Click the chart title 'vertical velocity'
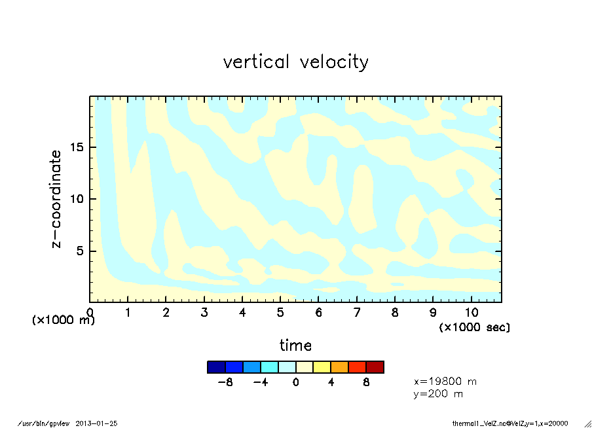pyautogui.click(x=295, y=62)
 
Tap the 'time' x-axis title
pyautogui.click(x=295, y=345)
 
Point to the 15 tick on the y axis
pyautogui.click(x=77, y=147)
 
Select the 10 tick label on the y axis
pyautogui.click(x=77, y=199)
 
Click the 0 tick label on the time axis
pyautogui.click(x=90, y=313)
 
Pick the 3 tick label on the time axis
pyautogui.click(x=204, y=313)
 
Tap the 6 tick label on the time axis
pyautogui.click(x=319, y=313)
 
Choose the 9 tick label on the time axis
pyautogui.click(x=433, y=313)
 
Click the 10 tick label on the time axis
pyautogui.click(x=471, y=313)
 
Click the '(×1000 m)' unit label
pyautogui.click(x=64, y=321)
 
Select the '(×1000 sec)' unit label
pyautogui.click(x=474, y=327)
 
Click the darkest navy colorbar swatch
pyautogui.click(x=216, y=367)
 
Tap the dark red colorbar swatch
pyautogui.click(x=375, y=367)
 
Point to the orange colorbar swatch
pyautogui.click(x=339, y=367)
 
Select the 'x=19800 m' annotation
pyautogui.click(x=445, y=381)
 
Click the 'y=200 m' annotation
pyautogui.click(x=439, y=394)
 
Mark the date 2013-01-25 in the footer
pyautogui.click(x=96, y=423)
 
